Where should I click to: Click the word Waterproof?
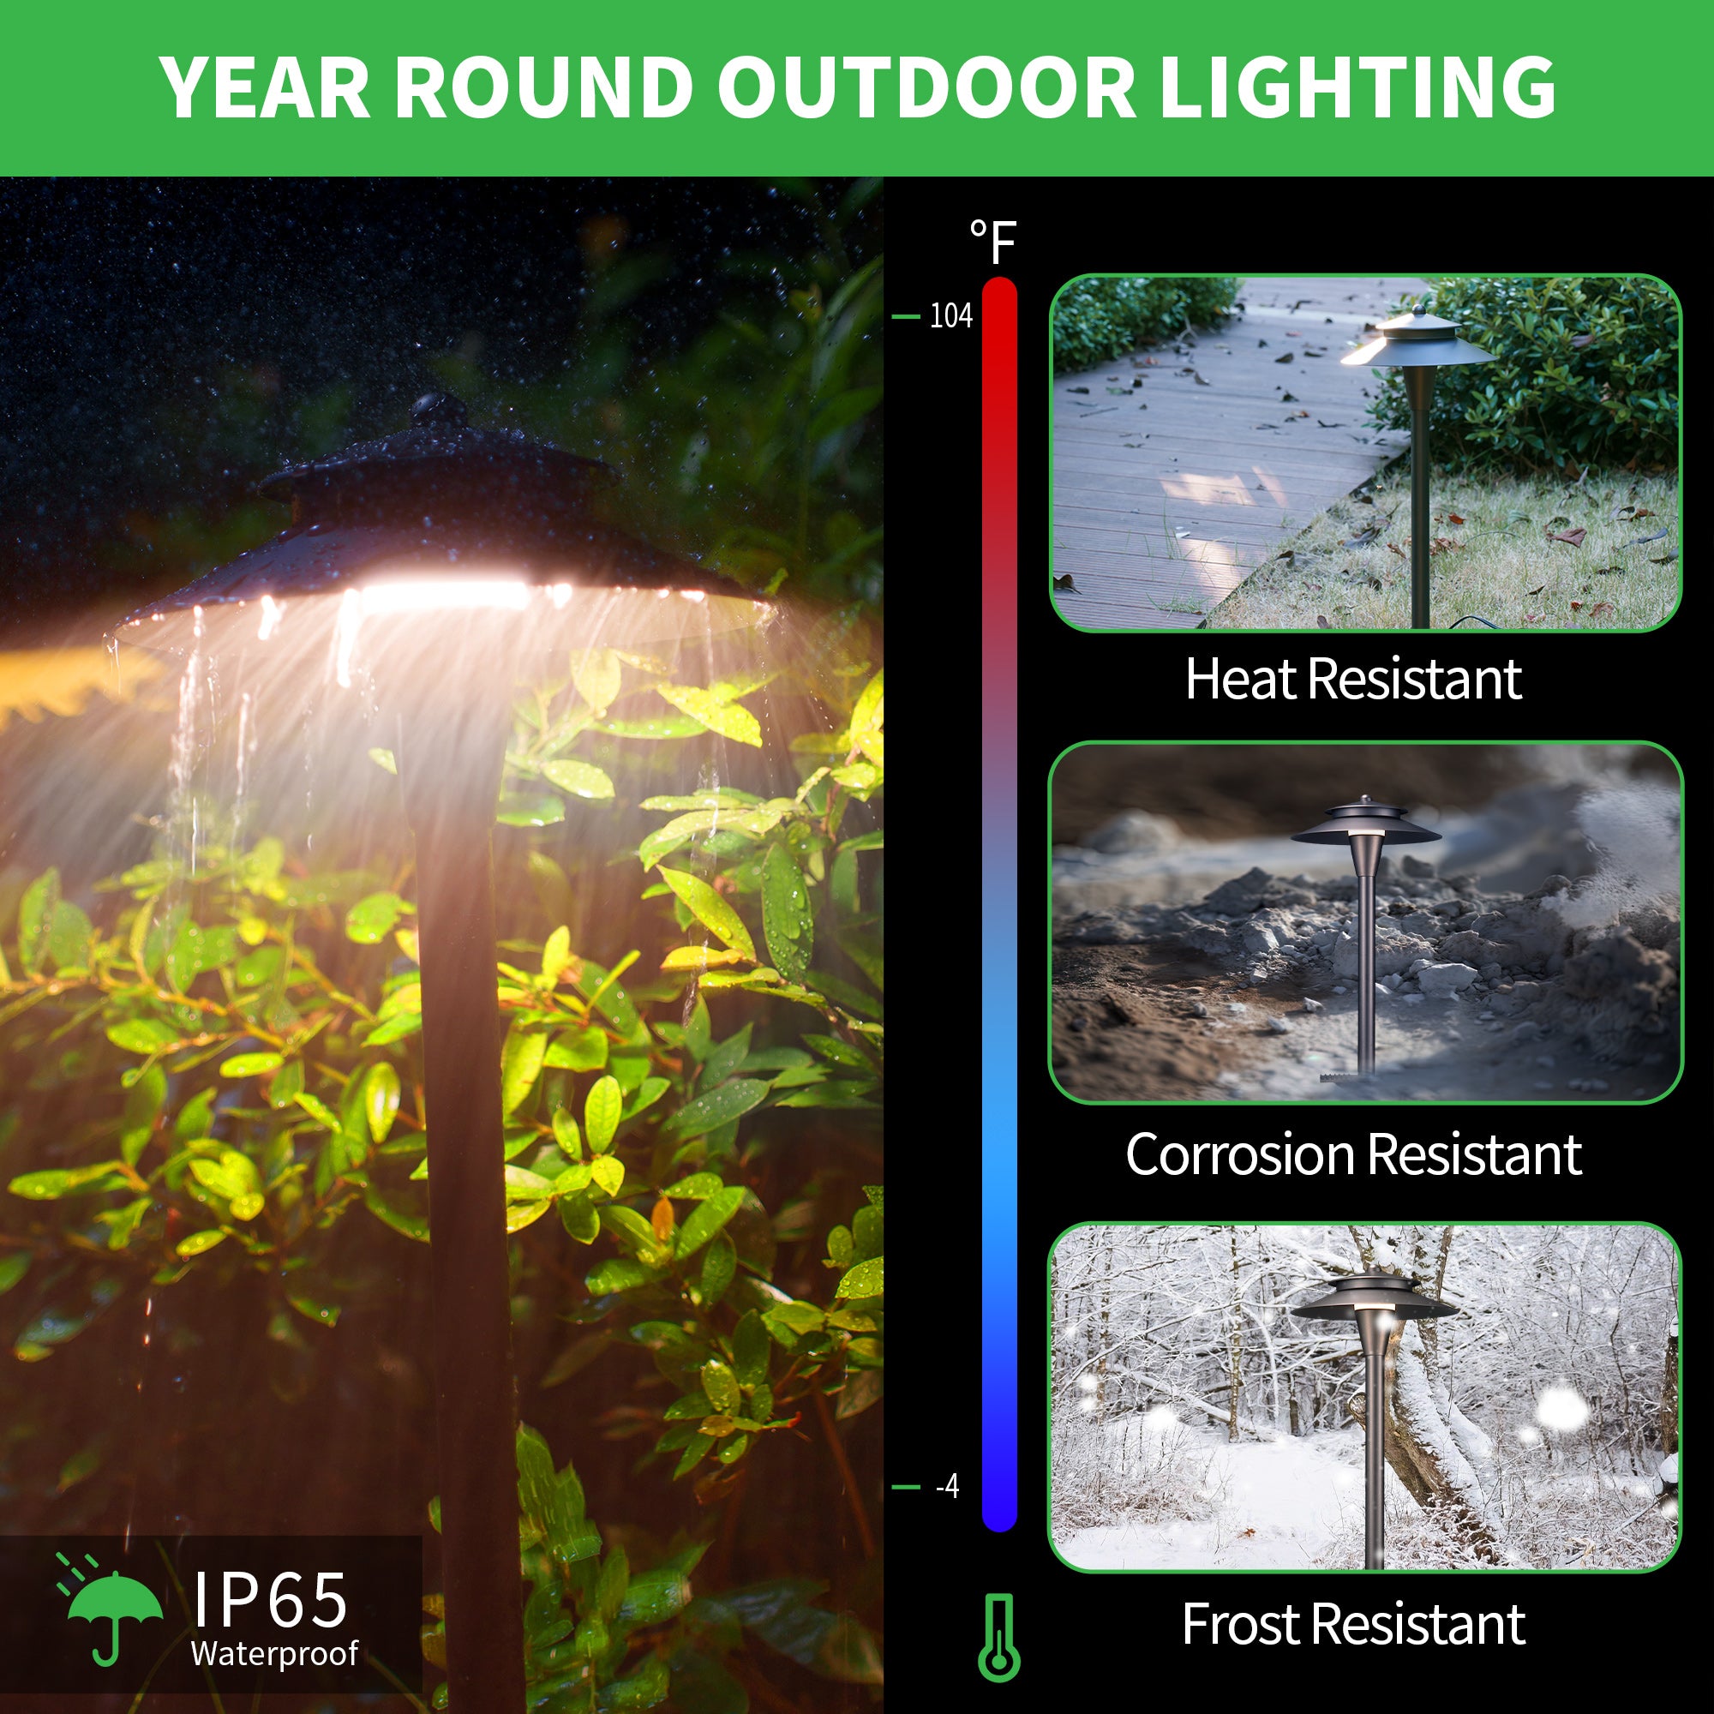click(x=274, y=1653)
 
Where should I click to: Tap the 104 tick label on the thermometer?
click(x=951, y=316)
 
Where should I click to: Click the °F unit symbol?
click(x=992, y=242)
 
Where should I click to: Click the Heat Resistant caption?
click(x=1353, y=679)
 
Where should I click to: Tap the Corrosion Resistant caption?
click(x=1353, y=1154)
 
